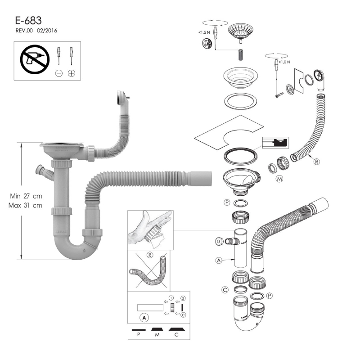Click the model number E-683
28,20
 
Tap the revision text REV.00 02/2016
36,31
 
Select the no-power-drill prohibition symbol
35,59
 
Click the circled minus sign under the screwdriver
59,73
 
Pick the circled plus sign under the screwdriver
72,73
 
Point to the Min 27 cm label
26,196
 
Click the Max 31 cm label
25,205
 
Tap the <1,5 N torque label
204,32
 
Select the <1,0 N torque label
284,62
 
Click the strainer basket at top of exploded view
241,31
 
